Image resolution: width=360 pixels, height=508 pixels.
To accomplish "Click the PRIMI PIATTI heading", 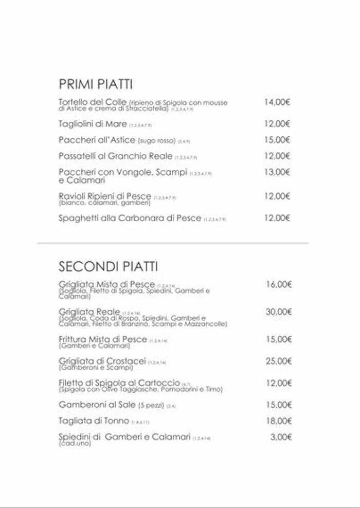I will [x=96, y=84].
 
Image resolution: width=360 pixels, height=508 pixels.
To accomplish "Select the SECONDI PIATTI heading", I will [x=108, y=267].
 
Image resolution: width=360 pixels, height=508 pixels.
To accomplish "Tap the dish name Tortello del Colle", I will [x=93, y=102].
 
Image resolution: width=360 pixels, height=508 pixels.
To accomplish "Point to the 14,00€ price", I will [x=277, y=102].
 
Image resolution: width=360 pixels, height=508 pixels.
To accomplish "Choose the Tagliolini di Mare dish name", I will [x=93, y=123].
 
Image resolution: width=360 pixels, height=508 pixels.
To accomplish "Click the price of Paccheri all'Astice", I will [x=277, y=140].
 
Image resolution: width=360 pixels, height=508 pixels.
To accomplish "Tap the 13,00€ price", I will [x=277, y=172].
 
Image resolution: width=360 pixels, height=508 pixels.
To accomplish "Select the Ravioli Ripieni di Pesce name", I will [x=105, y=196].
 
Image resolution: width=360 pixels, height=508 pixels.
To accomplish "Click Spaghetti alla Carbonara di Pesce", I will [x=130, y=218].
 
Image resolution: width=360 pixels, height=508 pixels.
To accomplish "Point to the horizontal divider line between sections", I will [x=173, y=243].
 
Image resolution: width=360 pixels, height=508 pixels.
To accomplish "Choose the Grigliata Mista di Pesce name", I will [x=107, y=284].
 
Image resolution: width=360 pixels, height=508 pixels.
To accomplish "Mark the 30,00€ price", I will [x=279, y=312].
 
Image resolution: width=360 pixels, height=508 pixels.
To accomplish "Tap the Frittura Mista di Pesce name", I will [x=103, y=339].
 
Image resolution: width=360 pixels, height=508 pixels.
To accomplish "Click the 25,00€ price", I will [x=279, y=361].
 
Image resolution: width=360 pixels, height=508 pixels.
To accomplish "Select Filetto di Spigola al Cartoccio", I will [x=119, y=383].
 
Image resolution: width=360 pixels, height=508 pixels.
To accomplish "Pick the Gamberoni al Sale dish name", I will [x=97, y=405].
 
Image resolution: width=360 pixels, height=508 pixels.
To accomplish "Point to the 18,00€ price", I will [x=279, y=421].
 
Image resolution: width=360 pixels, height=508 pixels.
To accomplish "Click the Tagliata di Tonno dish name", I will [x=94, y=421].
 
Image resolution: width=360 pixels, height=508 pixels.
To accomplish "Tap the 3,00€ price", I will [x=281, y=438].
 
